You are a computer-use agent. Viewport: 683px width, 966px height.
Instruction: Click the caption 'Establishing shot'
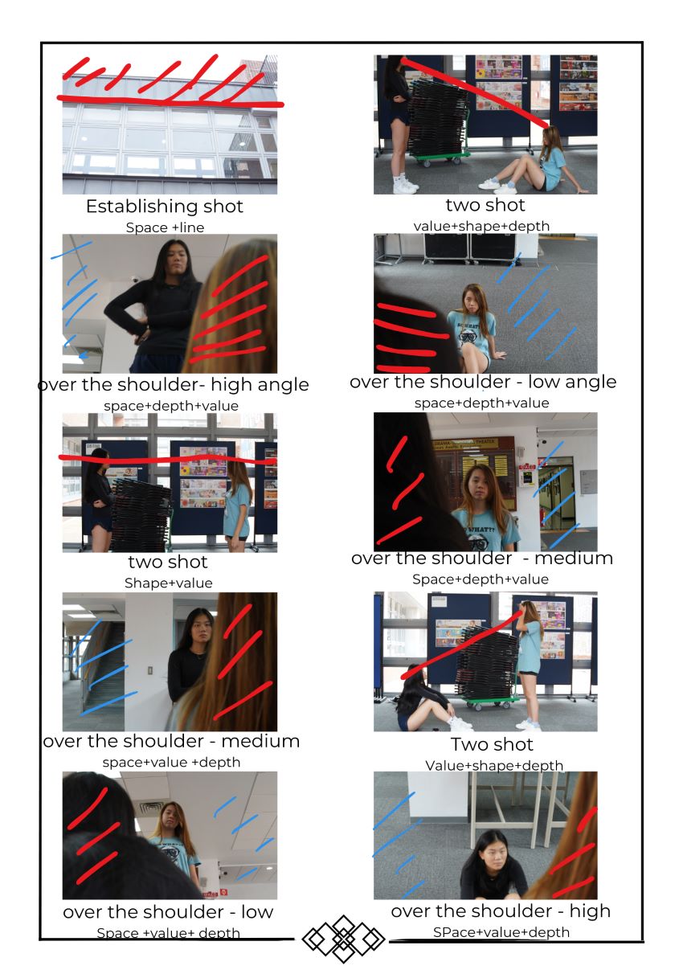pyautogui.click(x=164, y=207)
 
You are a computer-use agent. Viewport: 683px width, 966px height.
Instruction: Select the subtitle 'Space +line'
pyautogui.click(x=165, y=227)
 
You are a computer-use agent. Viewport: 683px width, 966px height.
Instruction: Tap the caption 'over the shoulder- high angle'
pyautogui.click(x=174, y=385)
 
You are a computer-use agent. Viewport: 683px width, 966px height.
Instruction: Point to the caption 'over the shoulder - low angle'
pyautogui.click(x=483, y=382)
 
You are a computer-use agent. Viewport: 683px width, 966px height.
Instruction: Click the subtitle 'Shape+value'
pyautogui.click(x=169, y=583)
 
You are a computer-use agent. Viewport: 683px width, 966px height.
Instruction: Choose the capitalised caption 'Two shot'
pyautogui.click(x=492, y=745)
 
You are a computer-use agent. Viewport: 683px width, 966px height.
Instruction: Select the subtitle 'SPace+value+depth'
pyautogui.click(x=501, y=932)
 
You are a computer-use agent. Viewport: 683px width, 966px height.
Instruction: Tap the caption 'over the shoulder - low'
pyautogui.click(x=168, y=912)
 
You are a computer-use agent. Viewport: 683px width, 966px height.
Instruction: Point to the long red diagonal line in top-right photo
pyautogui.click(x=474, y=93)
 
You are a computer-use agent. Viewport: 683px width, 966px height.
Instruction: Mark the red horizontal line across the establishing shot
pyautogui.click(x=170, y=101)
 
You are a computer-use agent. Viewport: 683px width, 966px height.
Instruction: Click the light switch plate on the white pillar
pyautogui.click(x=150, y=670)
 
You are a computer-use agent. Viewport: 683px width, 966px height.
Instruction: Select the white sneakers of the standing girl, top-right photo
pyautogui.click(x=404, y=185)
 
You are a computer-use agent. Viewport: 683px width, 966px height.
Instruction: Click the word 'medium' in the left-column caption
pyautogui.click(x=260, y=741)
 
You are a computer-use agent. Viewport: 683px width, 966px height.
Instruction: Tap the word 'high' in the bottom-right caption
pyautogui.click(x=590, y=911)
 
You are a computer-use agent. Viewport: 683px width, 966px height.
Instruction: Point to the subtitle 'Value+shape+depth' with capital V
pyautogui.click(x=494, y=765)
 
